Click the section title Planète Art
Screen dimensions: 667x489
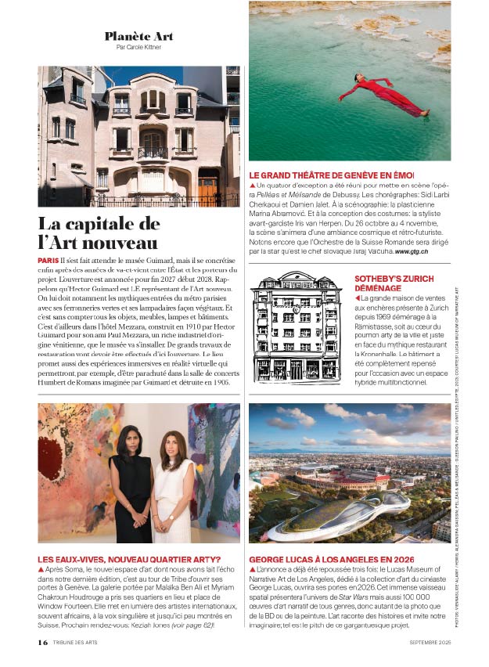(138, 37)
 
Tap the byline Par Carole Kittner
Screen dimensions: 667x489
(138, 48)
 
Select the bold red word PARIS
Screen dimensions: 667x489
(47, 259)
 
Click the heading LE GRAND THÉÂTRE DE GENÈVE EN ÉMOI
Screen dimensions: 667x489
(331, 175)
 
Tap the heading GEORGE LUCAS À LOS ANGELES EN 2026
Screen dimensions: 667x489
(332, 560)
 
